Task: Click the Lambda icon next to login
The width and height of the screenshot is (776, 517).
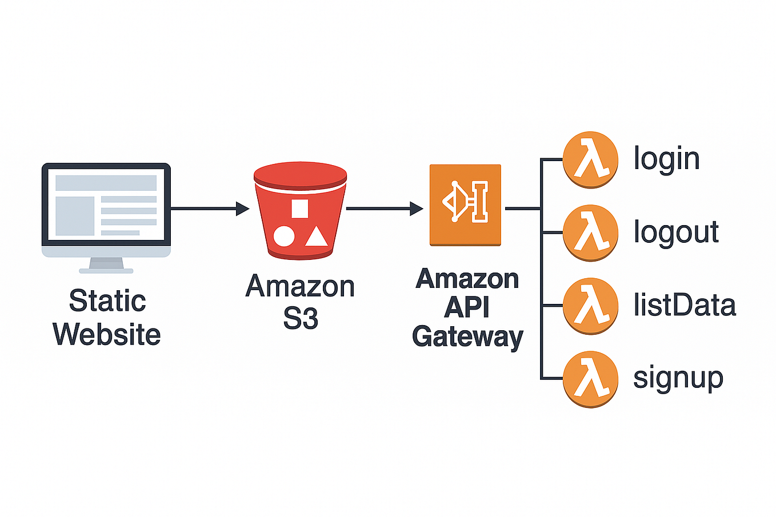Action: pos(590,159)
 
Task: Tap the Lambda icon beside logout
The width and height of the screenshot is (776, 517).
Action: pos(590,233)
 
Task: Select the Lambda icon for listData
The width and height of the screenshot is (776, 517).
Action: pos(590,306)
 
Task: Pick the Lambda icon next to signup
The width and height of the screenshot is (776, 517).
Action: pos(590,378)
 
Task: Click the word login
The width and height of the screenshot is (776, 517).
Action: pos(666,159)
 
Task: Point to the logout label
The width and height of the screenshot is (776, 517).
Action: pos(676,232)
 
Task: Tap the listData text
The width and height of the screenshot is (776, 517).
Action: pos(685,305)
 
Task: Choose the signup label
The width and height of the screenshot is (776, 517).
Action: pos(678,379)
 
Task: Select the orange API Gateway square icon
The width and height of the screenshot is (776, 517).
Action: pos(465,205)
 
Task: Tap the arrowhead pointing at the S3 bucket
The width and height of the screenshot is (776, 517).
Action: pos(243,209)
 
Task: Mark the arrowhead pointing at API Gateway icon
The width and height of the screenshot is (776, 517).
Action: pos(417,209)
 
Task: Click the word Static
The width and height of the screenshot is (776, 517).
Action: pos(107,300)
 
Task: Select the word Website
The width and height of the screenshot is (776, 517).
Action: pos(107,334)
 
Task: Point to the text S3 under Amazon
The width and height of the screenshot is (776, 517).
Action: pos(301,318)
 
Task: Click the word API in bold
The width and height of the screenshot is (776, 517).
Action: pos(467,307)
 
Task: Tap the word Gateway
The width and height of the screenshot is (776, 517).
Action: pos(467,336)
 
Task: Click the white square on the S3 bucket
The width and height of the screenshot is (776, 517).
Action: pos(299,209)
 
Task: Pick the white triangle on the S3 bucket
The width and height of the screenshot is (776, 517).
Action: pos(316,236)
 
